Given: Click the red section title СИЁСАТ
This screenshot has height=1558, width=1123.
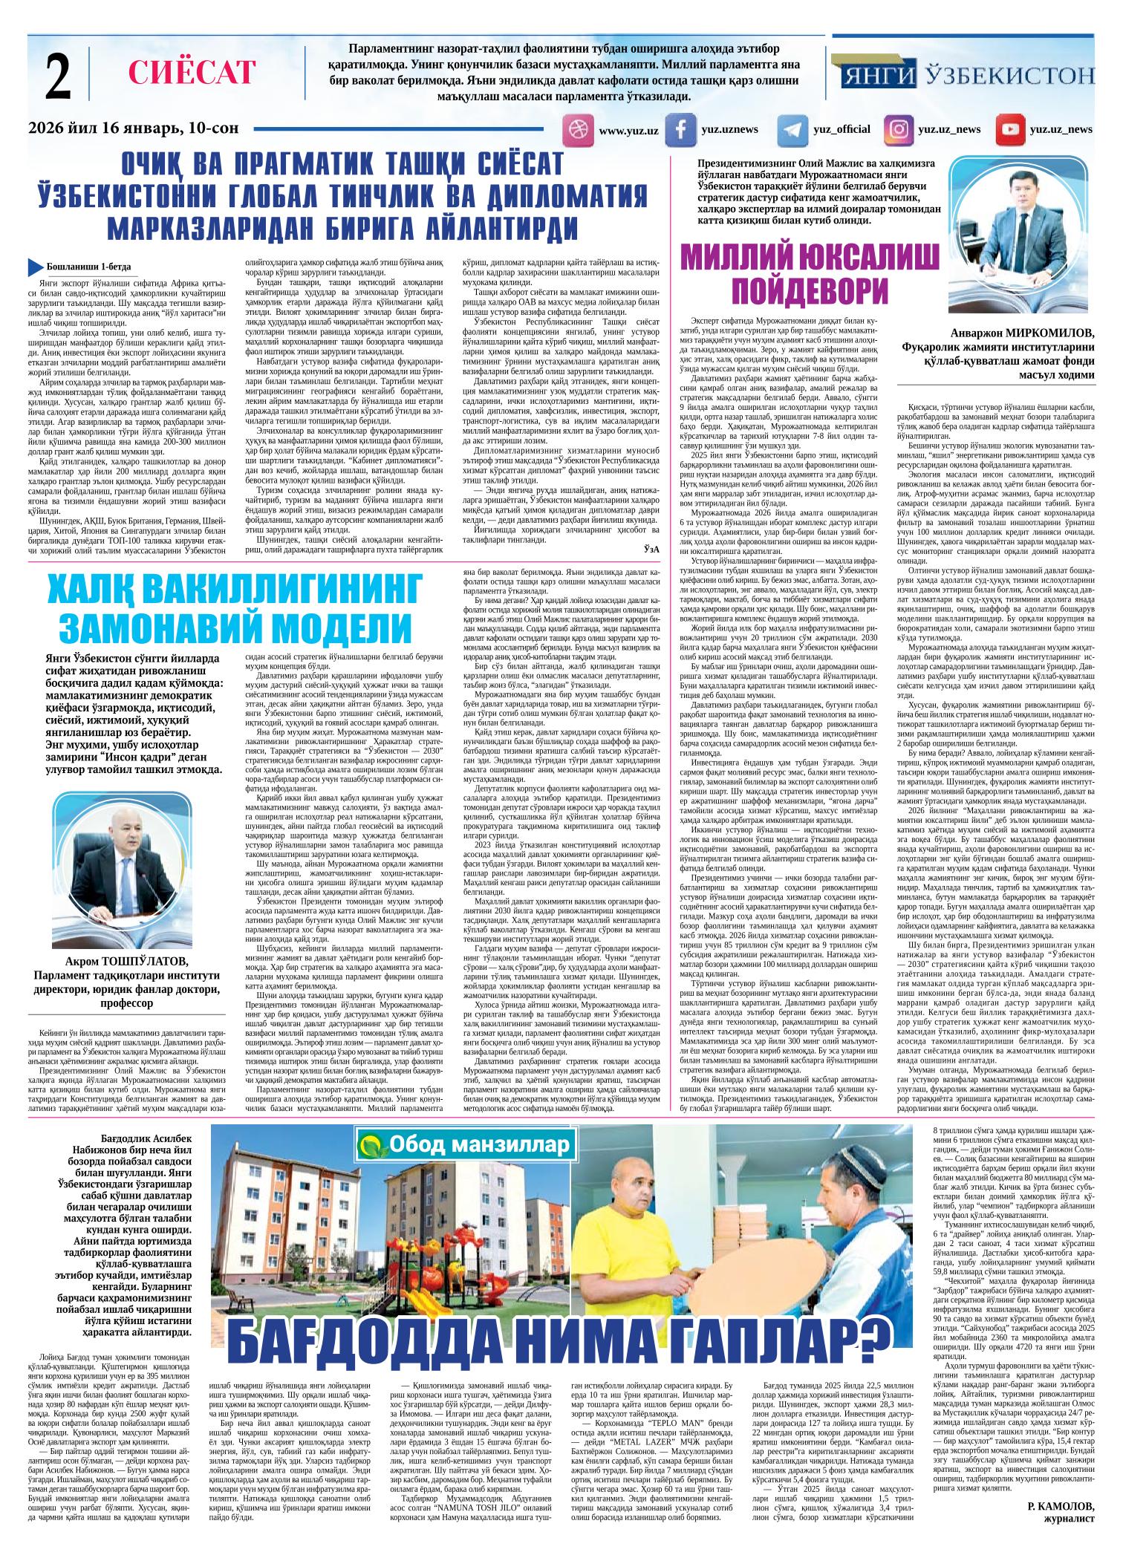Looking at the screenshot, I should (192, 73).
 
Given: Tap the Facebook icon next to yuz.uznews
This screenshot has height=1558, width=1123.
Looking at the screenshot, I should (679, 130).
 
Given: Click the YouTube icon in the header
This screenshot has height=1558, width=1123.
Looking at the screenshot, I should (1009, 130).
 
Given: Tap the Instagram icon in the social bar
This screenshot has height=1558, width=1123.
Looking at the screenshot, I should (899, 130).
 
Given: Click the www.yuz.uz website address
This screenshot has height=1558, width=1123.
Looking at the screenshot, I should (628, 131).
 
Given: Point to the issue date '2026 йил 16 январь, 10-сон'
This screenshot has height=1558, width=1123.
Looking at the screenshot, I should (134, 128).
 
